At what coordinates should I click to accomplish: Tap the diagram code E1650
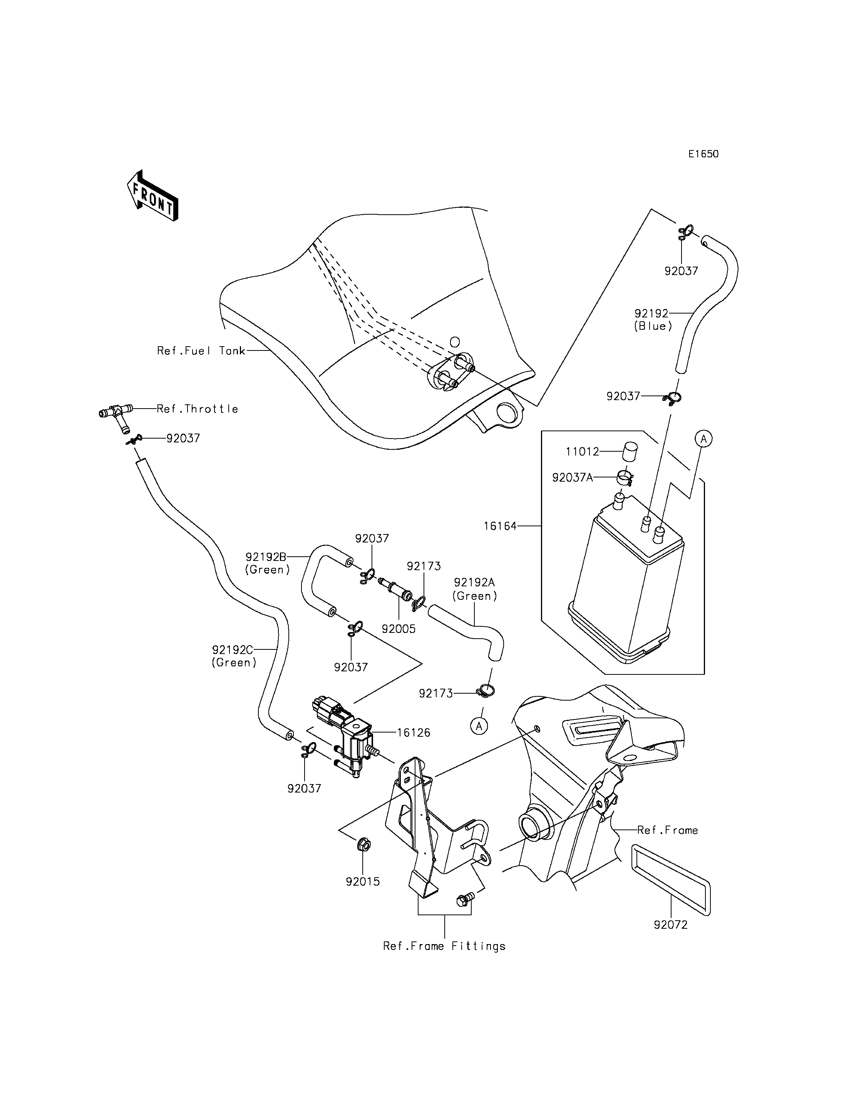[703, 154]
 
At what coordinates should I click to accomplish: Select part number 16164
[501, 526]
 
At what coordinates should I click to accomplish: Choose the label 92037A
[573, 478]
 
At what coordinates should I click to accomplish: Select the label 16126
[414, 733]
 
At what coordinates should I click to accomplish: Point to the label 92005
[399, 629]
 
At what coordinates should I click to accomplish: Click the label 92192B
[266, 557]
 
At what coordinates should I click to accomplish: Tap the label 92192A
[475, 582]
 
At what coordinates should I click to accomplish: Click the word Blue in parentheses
[653, 326]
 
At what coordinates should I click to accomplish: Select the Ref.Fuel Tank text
[201, 351]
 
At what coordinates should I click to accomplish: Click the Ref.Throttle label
[198, 409]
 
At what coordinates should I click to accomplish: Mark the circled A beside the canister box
[704, 439]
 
